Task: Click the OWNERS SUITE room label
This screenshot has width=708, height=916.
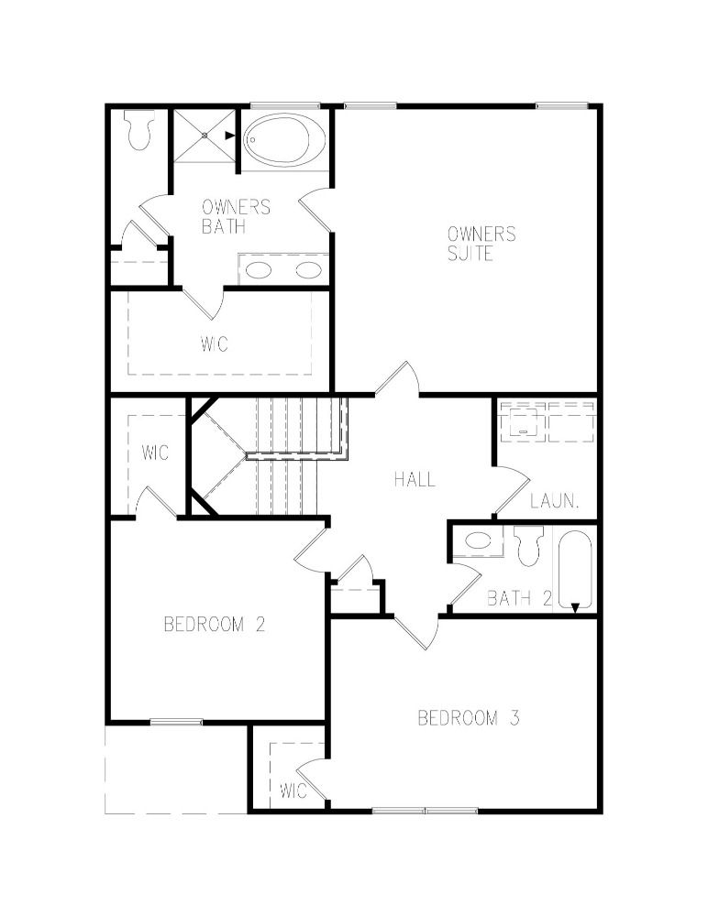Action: point(481,244)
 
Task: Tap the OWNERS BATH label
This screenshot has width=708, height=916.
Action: point(236,216)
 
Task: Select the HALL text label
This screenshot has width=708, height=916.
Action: point(415,480)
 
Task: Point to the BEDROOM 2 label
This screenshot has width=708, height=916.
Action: point(215,625)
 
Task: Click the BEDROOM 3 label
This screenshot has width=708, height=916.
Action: point(469,717)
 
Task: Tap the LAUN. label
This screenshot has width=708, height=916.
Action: point(555,501)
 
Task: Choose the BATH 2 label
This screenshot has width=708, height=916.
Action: point(520,598)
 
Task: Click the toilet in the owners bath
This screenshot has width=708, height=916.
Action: point(140,130)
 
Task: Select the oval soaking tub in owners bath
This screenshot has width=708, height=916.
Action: point(284,140)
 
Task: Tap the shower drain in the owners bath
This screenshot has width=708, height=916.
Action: point(205,136)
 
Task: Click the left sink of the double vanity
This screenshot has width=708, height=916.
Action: point(258,270)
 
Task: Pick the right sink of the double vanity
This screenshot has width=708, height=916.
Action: point(308,270)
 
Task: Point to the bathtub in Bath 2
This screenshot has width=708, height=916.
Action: point(575,570)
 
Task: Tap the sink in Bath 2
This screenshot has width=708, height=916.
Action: point(478,540)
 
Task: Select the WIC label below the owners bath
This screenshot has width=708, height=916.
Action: point(215,343)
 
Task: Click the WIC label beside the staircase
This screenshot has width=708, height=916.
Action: point(155,453)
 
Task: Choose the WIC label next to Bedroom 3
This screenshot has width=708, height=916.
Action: point(293,791)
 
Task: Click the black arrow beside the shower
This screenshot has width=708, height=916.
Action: point(230,136)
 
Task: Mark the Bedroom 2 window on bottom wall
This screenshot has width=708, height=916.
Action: point(177,722)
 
